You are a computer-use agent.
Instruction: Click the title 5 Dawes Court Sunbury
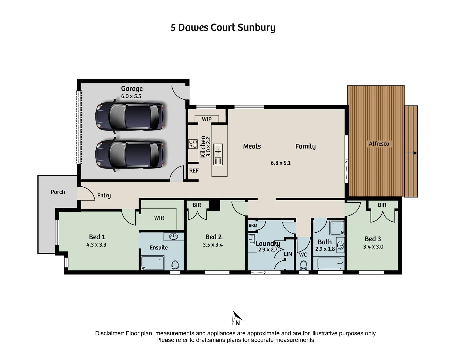pos(223,27)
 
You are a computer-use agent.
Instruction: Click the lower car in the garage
pos(129,154)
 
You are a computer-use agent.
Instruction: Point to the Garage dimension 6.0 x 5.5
pos(131,96)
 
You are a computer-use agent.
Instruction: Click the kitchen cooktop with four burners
pos(193,144)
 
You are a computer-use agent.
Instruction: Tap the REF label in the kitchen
pos(194,171)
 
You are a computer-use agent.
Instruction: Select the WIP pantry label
pos(207,119)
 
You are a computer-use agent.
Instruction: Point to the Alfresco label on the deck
pos(379,144)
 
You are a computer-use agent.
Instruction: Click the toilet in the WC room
pos(303,265)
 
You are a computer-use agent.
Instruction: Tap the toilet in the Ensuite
pos(175,266)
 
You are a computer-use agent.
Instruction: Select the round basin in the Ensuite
pos(173,237)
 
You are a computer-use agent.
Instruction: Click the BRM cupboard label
pos(253,225)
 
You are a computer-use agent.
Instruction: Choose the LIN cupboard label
pos(288,254)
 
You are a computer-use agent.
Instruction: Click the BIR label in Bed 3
pos(382,205)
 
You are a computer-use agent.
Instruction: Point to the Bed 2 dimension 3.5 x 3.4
pos(213,245)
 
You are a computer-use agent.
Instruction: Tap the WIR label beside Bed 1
pos(159,218)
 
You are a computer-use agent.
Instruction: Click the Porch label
pos(58,192)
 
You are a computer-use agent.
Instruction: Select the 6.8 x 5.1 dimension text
pos(280,163)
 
